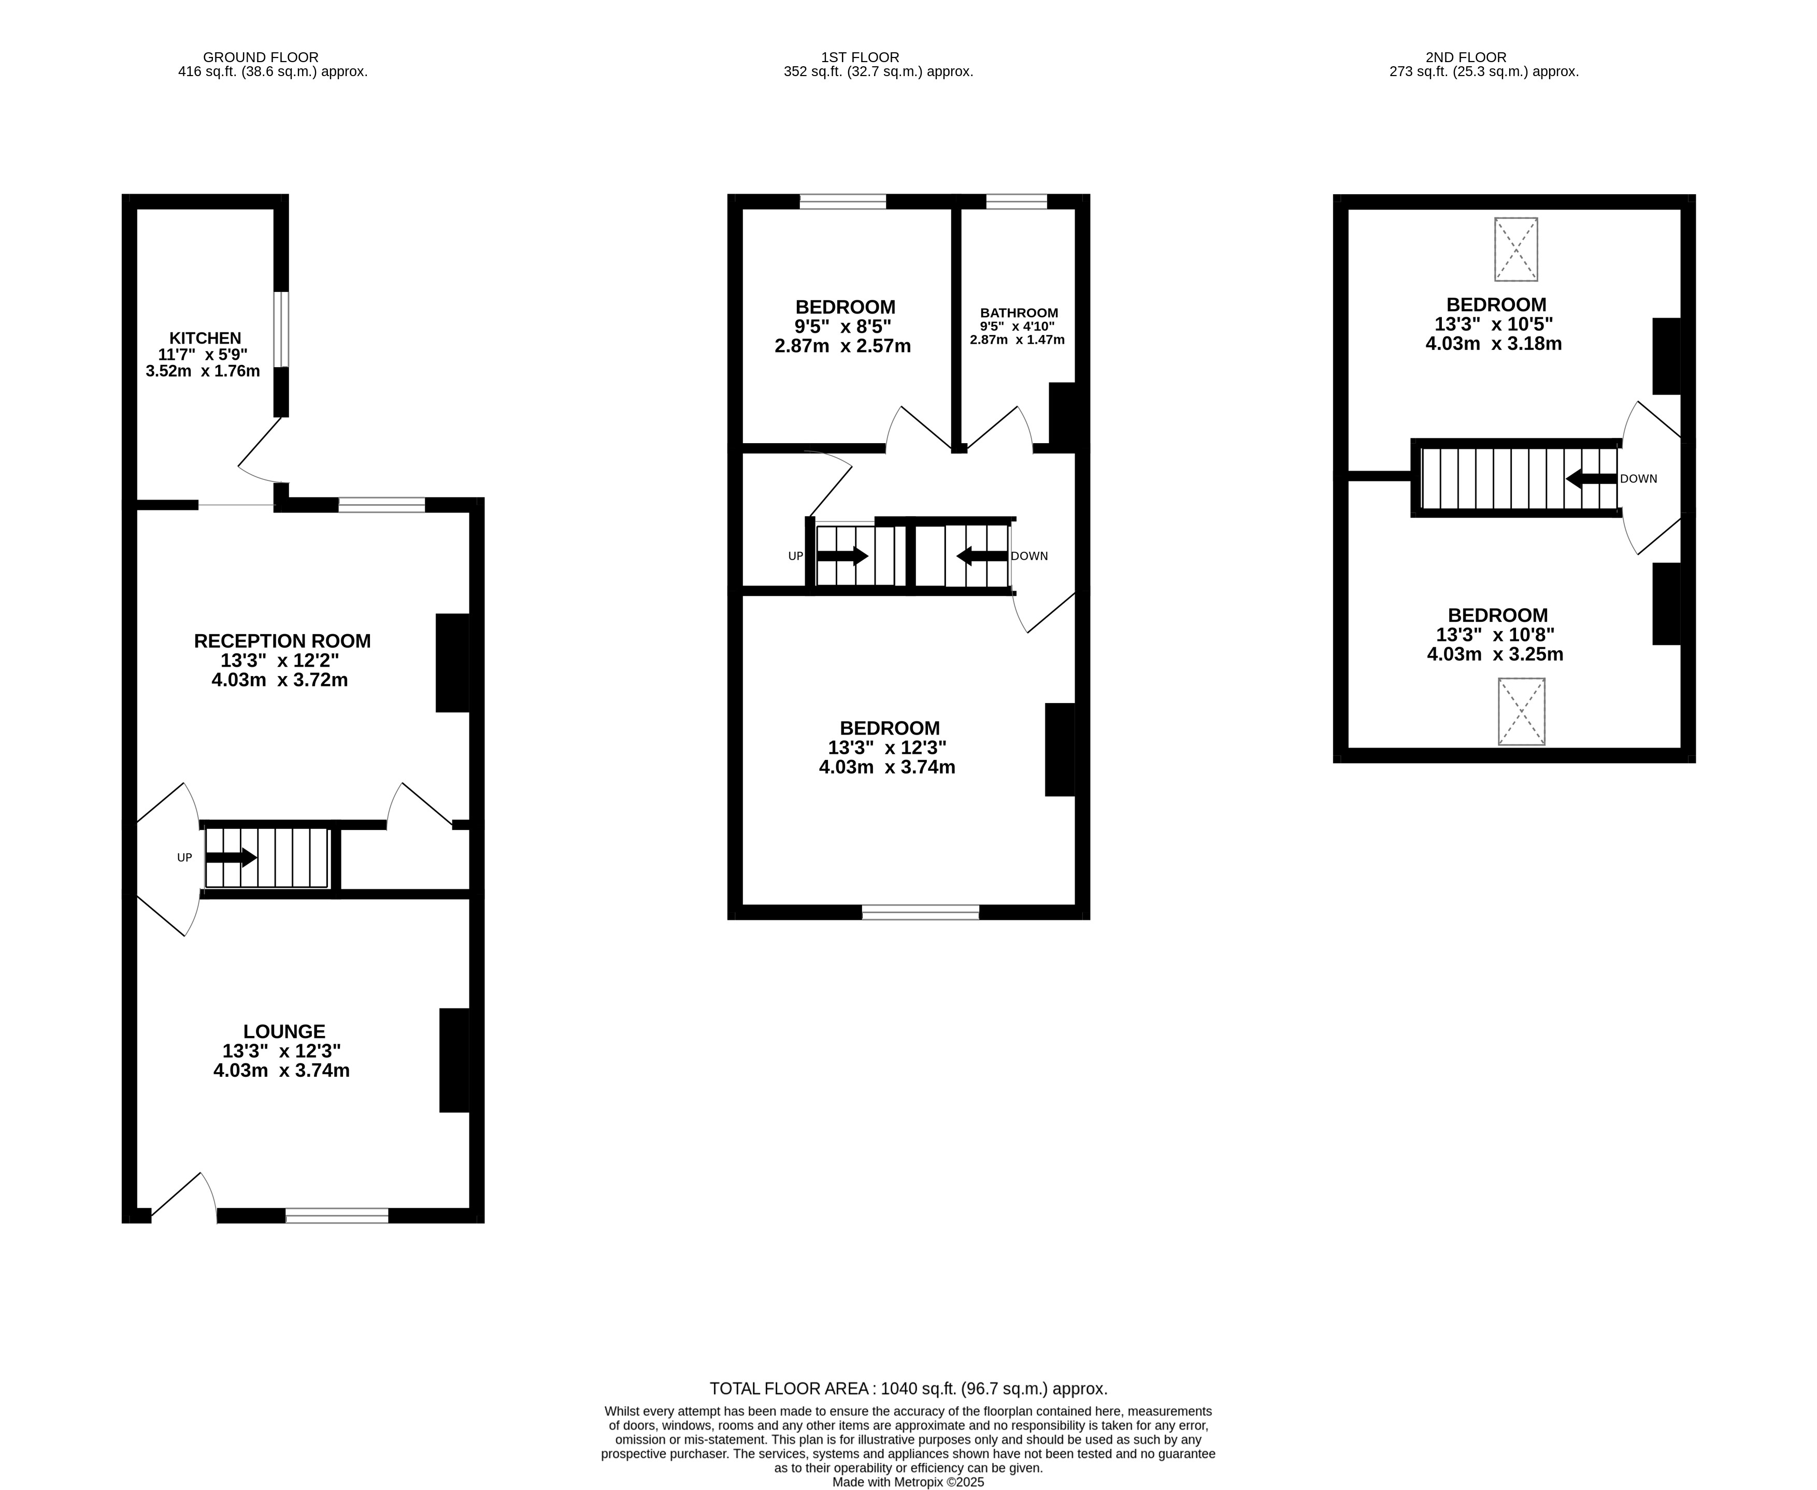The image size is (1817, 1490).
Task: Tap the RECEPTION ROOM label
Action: [282, 641]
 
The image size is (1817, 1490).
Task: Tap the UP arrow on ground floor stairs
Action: [230, 857]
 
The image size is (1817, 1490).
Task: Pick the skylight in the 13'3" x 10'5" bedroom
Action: [1515, 250]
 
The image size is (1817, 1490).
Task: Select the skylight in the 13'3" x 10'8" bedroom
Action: [1521, 711]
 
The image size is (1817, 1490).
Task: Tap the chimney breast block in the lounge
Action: [454, 1060]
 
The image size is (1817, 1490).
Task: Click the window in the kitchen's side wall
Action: [282, 330]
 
